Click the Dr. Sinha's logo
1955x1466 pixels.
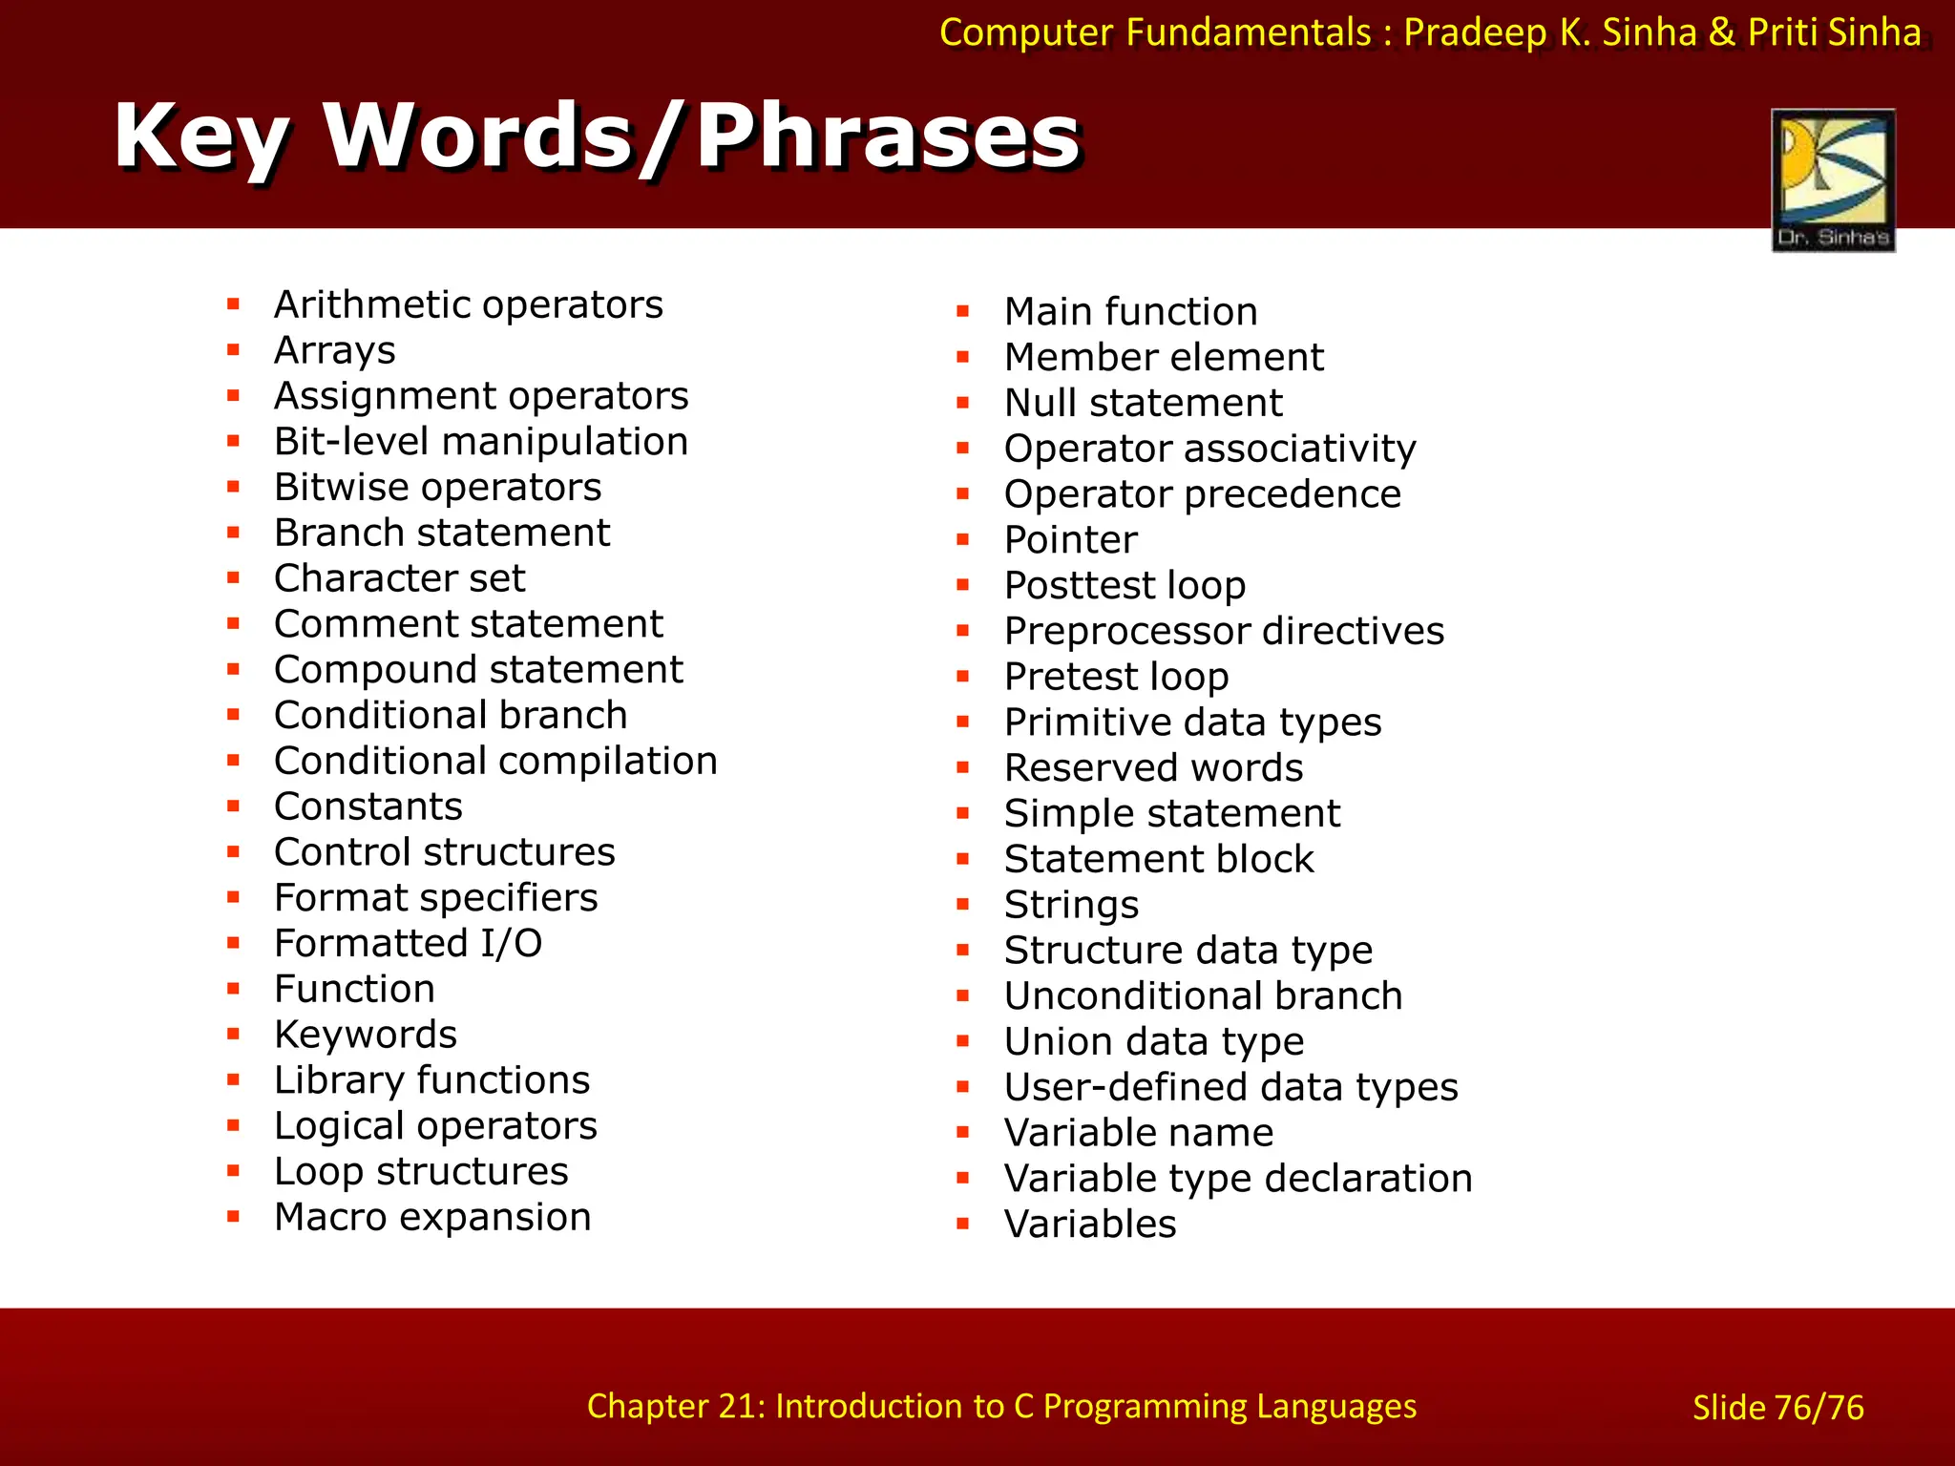[x=1833, y=179]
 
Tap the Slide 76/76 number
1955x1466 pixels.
[x=1777, y=1408]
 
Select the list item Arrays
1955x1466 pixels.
[x=334, y=350]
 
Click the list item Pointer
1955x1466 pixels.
[x=1070, y=540]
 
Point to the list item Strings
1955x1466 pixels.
[x=1071, y=905]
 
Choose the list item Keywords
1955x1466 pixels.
[x=366, y=1035]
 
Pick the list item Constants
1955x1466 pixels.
[x=368, y=806]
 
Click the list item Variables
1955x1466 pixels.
[x=1090, y=1225]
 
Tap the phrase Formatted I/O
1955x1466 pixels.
[x=408, y=943]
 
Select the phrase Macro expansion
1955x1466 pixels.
[x=432, y=1217]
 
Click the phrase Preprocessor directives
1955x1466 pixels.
[x=1224, y=631]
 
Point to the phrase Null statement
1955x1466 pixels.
[x=1143, y=403]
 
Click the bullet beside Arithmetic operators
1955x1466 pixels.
[x=233, y=304]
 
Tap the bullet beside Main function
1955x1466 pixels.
[x=963, y=311]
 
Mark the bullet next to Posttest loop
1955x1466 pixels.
[x=963, y=585]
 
